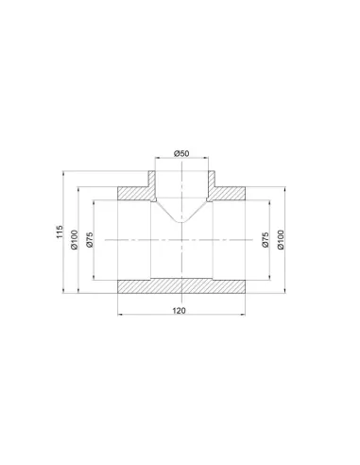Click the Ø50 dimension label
(x=181, y=153)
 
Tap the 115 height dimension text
(x=60, y=232)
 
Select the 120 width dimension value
(x=179, y=311)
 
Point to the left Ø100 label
(x=74, y=240)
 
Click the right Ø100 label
(x=281, y=240)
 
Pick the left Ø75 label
(x=90, y=240)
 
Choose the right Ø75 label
(x=266, y=240)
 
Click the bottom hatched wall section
(x=181, y=286)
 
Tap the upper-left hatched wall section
(x=134, y=194)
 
